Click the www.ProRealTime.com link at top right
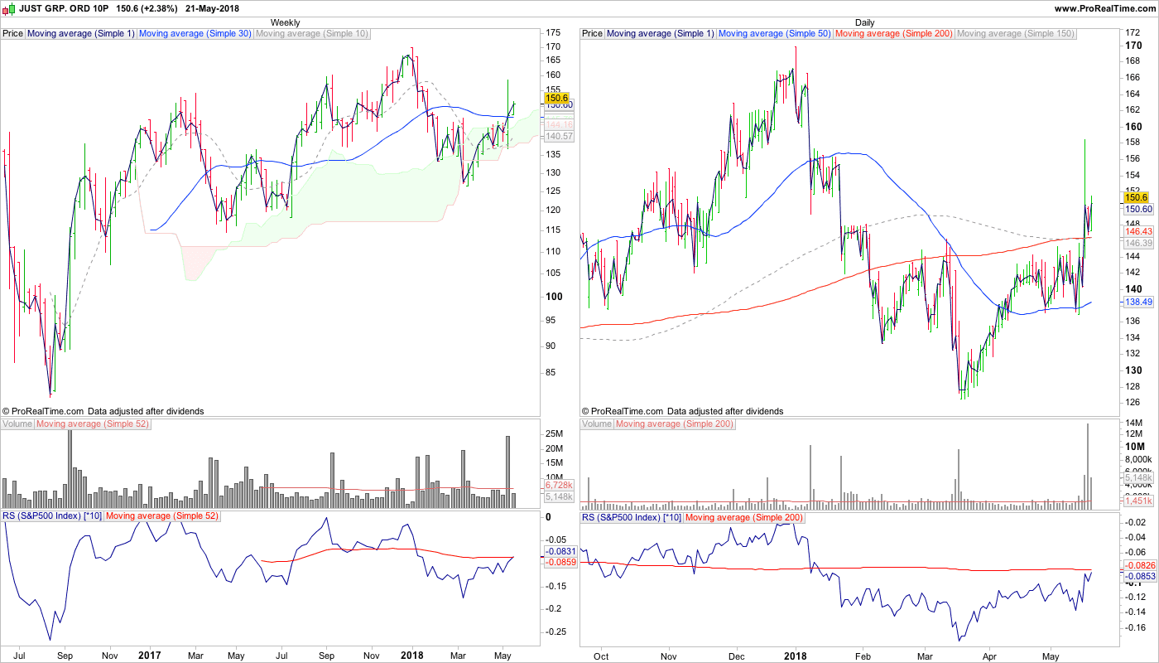click(1105, 8)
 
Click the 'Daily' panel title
click(864, 22)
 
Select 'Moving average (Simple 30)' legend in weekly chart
click(195, 34)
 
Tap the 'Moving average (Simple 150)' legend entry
click(1015, 34)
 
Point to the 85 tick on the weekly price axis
click(551, 372)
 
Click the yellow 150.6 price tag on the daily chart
click(1135, 197)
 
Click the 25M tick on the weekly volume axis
click(554, 434)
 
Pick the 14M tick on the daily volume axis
click(1133, 424)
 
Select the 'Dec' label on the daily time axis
click(735, 656)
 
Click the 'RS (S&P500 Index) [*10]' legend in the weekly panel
click(51, 516)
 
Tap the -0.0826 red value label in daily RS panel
click(1135, 564)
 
